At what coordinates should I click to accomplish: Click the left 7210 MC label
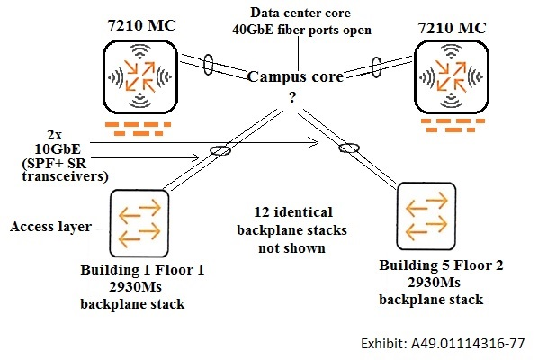[x=141, y=25]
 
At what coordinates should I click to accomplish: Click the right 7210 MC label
[x=452, y=28]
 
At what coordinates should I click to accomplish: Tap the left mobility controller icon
[x=140, y=76]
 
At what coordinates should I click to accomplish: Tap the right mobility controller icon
[x=452, y=76]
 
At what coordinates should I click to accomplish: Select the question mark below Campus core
[x=292, y=98]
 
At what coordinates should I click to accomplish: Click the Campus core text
[x=295, y=77]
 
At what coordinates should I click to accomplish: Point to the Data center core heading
[x=300, y=13]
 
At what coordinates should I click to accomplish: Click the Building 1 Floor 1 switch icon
[x=139, y=223]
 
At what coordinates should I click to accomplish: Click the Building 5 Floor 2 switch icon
[x=426, y=216]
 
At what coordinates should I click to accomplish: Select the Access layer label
[x=50, y=227]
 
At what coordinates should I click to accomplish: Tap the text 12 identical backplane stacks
[x=292, y=221]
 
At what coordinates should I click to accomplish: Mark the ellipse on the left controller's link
[x=208, y=64]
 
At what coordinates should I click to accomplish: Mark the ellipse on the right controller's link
[x=376, y=67]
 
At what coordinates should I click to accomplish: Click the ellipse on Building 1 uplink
[x=220, y=150]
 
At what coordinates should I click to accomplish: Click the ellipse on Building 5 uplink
[x=349, y=148]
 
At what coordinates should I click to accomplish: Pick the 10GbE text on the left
[x=58, y=148]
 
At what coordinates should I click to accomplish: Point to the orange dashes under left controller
[x=138, y=129]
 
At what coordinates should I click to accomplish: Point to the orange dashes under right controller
[x=453, y=125]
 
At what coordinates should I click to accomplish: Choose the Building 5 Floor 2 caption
[x=441, y=265]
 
